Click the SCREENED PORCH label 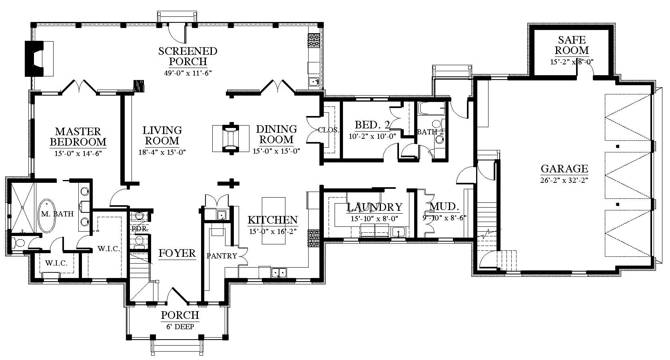point(188,56)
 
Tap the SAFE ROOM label point(572,45)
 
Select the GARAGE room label point(564,169)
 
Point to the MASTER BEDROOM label point(78,137)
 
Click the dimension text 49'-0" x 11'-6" point(188,73)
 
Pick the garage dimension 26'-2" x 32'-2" point(564,180)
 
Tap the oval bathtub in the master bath point(47,216)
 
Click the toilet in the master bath point(18,242)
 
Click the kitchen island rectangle point(273,221)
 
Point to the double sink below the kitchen point(279,273)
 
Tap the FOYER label point(177,254)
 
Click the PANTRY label point(221,256)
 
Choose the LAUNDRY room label point(375,207)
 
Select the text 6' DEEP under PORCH point(180,326)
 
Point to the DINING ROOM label point(276,134)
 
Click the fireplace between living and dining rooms point(231,138)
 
